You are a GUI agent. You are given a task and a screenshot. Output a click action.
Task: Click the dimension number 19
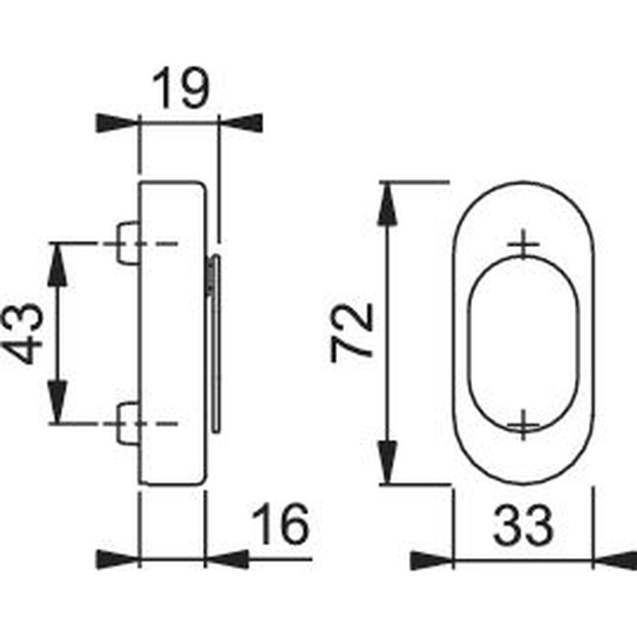pos(181,88)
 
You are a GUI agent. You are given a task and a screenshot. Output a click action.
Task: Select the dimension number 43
pos(22,334)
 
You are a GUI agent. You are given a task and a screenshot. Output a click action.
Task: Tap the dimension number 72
pos(352,333)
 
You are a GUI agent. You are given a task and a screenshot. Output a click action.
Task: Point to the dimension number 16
pos(280,524)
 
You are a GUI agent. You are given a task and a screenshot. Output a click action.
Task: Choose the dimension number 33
pos(523,526)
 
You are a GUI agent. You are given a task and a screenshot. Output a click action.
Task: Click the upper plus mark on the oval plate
pos(523,244)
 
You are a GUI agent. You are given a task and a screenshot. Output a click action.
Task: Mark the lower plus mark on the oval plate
pos(523,425)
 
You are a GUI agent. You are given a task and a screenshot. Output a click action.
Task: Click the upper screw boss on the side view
pos(129,243)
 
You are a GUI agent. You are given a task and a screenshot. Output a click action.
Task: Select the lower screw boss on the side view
pos(129,424)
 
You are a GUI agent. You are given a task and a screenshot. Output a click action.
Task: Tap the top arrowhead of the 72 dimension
pos(387,204)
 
